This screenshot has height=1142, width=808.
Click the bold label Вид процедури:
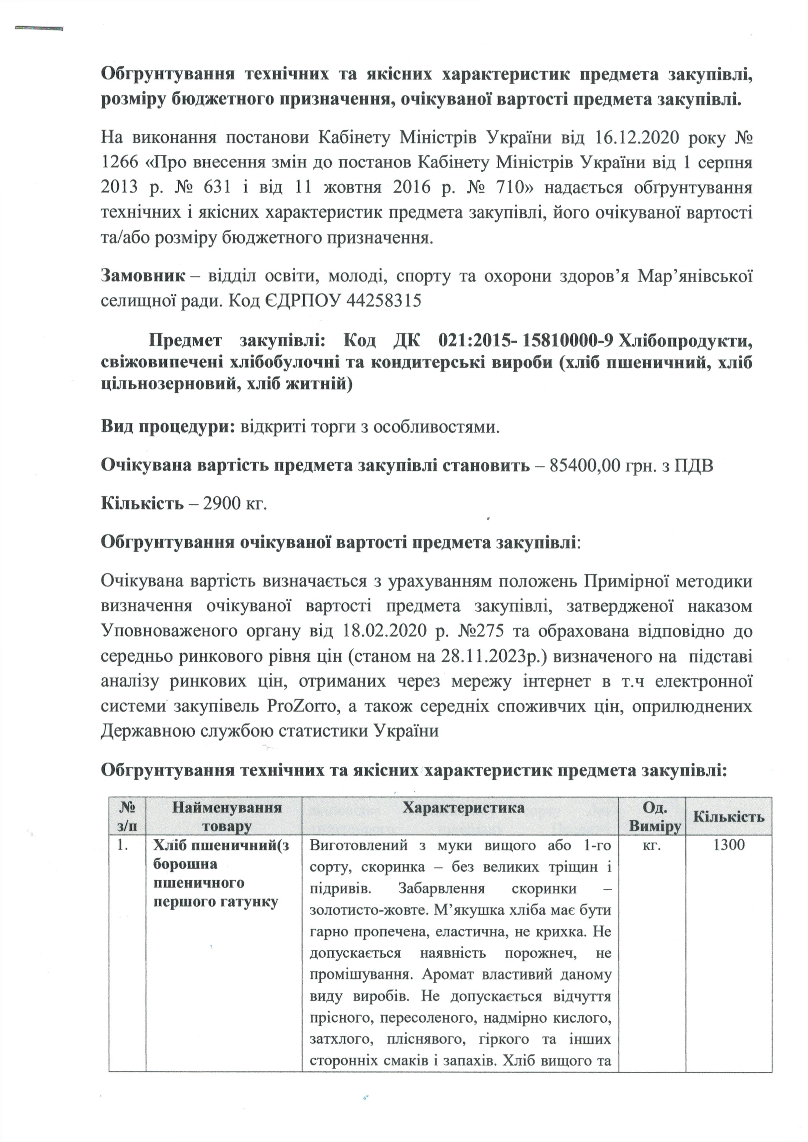[x=168, y=427]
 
